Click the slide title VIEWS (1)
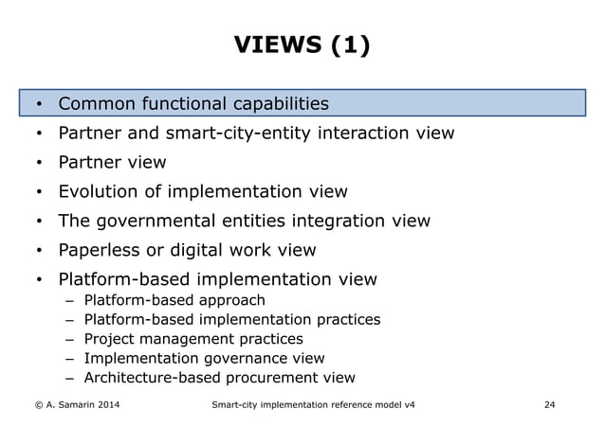pyautogui.click(x=302, y=44)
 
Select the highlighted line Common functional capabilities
pyautogui.click(x=193, y=103)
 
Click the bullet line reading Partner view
pyautogui.click(x=112, y=163)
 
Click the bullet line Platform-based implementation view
pyautogui.click(x=217, y=280)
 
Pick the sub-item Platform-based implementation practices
pyautogui.click(x=232, y=320)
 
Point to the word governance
pyautogui.click(x=246, y=359)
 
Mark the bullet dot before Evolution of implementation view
pyautogui.click(x=39, y=193)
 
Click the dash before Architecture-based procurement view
pyautogui.click(x=69, y=378)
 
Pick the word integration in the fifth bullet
pyautogui.click(x=342, y=222)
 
